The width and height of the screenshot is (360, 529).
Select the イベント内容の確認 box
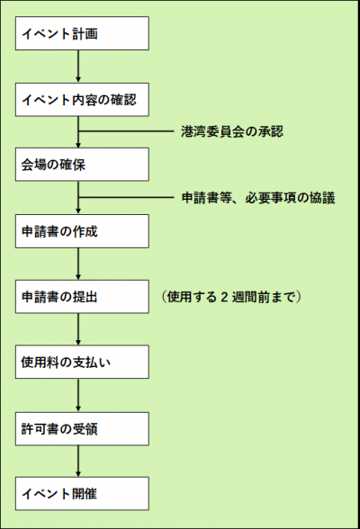(x=81, y=99)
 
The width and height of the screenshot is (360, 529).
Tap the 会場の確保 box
(x=81, y=165)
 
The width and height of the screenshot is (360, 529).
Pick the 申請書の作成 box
(x=81, y=231)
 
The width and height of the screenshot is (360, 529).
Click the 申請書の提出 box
(x=81, y=297)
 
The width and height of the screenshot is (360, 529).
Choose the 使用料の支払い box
(x=81, y=363)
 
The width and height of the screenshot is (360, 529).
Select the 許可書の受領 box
(x=81, y=429)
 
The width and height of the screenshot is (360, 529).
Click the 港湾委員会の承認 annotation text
(x=231, y=132)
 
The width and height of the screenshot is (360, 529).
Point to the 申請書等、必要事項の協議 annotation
(x=258, y=198)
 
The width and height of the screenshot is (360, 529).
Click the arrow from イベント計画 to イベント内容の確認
(x=79, y=66)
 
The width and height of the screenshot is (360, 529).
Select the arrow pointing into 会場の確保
(x=79, y=139)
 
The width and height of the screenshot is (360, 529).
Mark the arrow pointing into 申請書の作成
(x=79, y=205)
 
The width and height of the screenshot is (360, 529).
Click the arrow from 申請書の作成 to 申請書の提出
(x=79, y=264)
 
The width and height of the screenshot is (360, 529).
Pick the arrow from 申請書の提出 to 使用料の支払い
(x=79, y=330)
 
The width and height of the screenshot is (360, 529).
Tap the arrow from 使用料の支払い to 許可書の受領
(x=79, y=396)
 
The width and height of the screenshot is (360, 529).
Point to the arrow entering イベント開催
(x=79, y=462)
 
